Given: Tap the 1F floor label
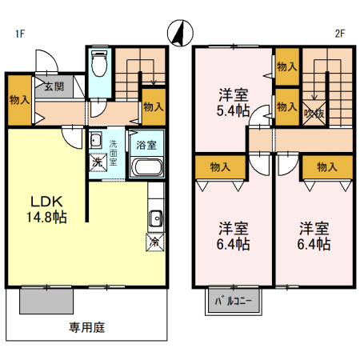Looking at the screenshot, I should click(x=20, y=34).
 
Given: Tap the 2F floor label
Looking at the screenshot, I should click(x=339, y=34).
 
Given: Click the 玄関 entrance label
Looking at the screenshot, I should click(x=54, y=86).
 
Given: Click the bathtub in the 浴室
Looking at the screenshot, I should click(x=146, y=168).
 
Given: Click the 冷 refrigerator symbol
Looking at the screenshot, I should click(x=154, y=240).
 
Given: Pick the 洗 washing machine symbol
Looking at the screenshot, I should click(x=97, y=162).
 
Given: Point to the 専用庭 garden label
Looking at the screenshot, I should click(x=87, y=326).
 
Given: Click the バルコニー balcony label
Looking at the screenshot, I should click(x=233, y=302).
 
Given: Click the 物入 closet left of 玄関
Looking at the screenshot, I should click(x=20, y=101).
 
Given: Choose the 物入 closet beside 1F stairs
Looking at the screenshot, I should click(x=154, y=106).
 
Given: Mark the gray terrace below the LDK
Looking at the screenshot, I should click(x=47, y=301).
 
